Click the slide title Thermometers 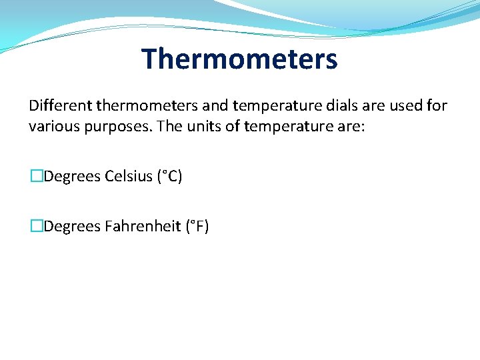tap(239, 59)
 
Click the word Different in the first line tap(61, 105)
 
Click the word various tap(53, 126)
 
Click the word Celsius tap(129, 176)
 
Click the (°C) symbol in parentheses tap(169, 176)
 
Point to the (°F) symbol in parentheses tap(197, 227)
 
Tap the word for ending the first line tap(436, 105)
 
